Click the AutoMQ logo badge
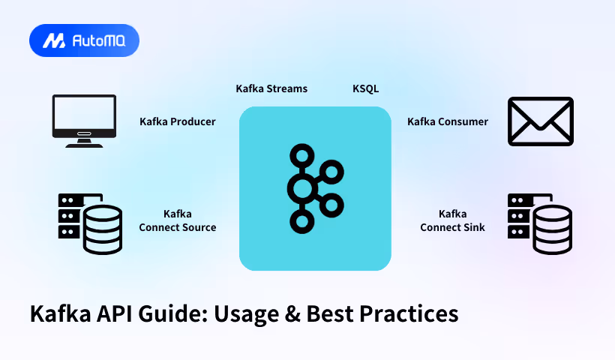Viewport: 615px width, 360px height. [84, 40]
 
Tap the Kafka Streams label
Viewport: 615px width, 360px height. [271, 88]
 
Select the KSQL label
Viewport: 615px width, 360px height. [366, 88]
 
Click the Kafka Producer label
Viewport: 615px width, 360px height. [178, 121]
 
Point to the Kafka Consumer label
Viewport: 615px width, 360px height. [448, 121]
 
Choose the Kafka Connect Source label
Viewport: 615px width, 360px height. [178, 220]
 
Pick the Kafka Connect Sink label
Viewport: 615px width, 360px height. [452, 220]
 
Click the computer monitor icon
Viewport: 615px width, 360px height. [83, 120]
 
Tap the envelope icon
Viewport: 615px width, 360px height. [541, 120]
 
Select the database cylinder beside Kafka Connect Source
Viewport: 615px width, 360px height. [103, 228]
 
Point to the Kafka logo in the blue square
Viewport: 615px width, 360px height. [315, 187]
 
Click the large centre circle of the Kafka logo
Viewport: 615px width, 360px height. [303, 187]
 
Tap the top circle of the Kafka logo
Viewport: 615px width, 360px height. [303, 156]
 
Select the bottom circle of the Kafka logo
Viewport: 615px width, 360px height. [303, 220]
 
